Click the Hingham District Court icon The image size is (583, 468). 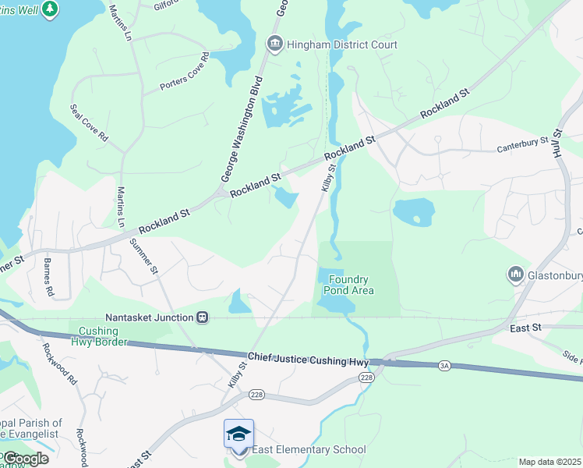coord(274,44)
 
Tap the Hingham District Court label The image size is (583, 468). coord(341,44)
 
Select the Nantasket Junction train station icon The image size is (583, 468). coord(203,317)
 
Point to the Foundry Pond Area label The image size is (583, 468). coord(348,285)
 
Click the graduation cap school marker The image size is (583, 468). coord(238,434)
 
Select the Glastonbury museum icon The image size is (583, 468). coord(514,274)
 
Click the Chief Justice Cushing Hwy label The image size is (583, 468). coord(308,357)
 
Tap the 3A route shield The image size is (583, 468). coord(445,365)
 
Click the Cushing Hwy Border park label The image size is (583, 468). coord(98,336)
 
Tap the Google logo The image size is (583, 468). coord(25,459)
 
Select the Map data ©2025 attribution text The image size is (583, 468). coord(549,462)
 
